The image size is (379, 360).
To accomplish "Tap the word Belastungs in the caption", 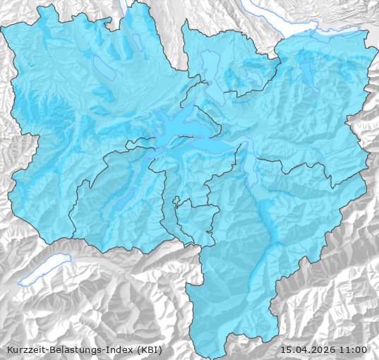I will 74,350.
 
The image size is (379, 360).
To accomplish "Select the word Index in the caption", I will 118,350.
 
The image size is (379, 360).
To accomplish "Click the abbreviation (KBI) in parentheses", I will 149,350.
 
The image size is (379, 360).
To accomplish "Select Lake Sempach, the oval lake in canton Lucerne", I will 104,67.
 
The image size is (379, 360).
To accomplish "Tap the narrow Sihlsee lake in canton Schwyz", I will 308,74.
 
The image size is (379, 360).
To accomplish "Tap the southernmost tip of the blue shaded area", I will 222,337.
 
